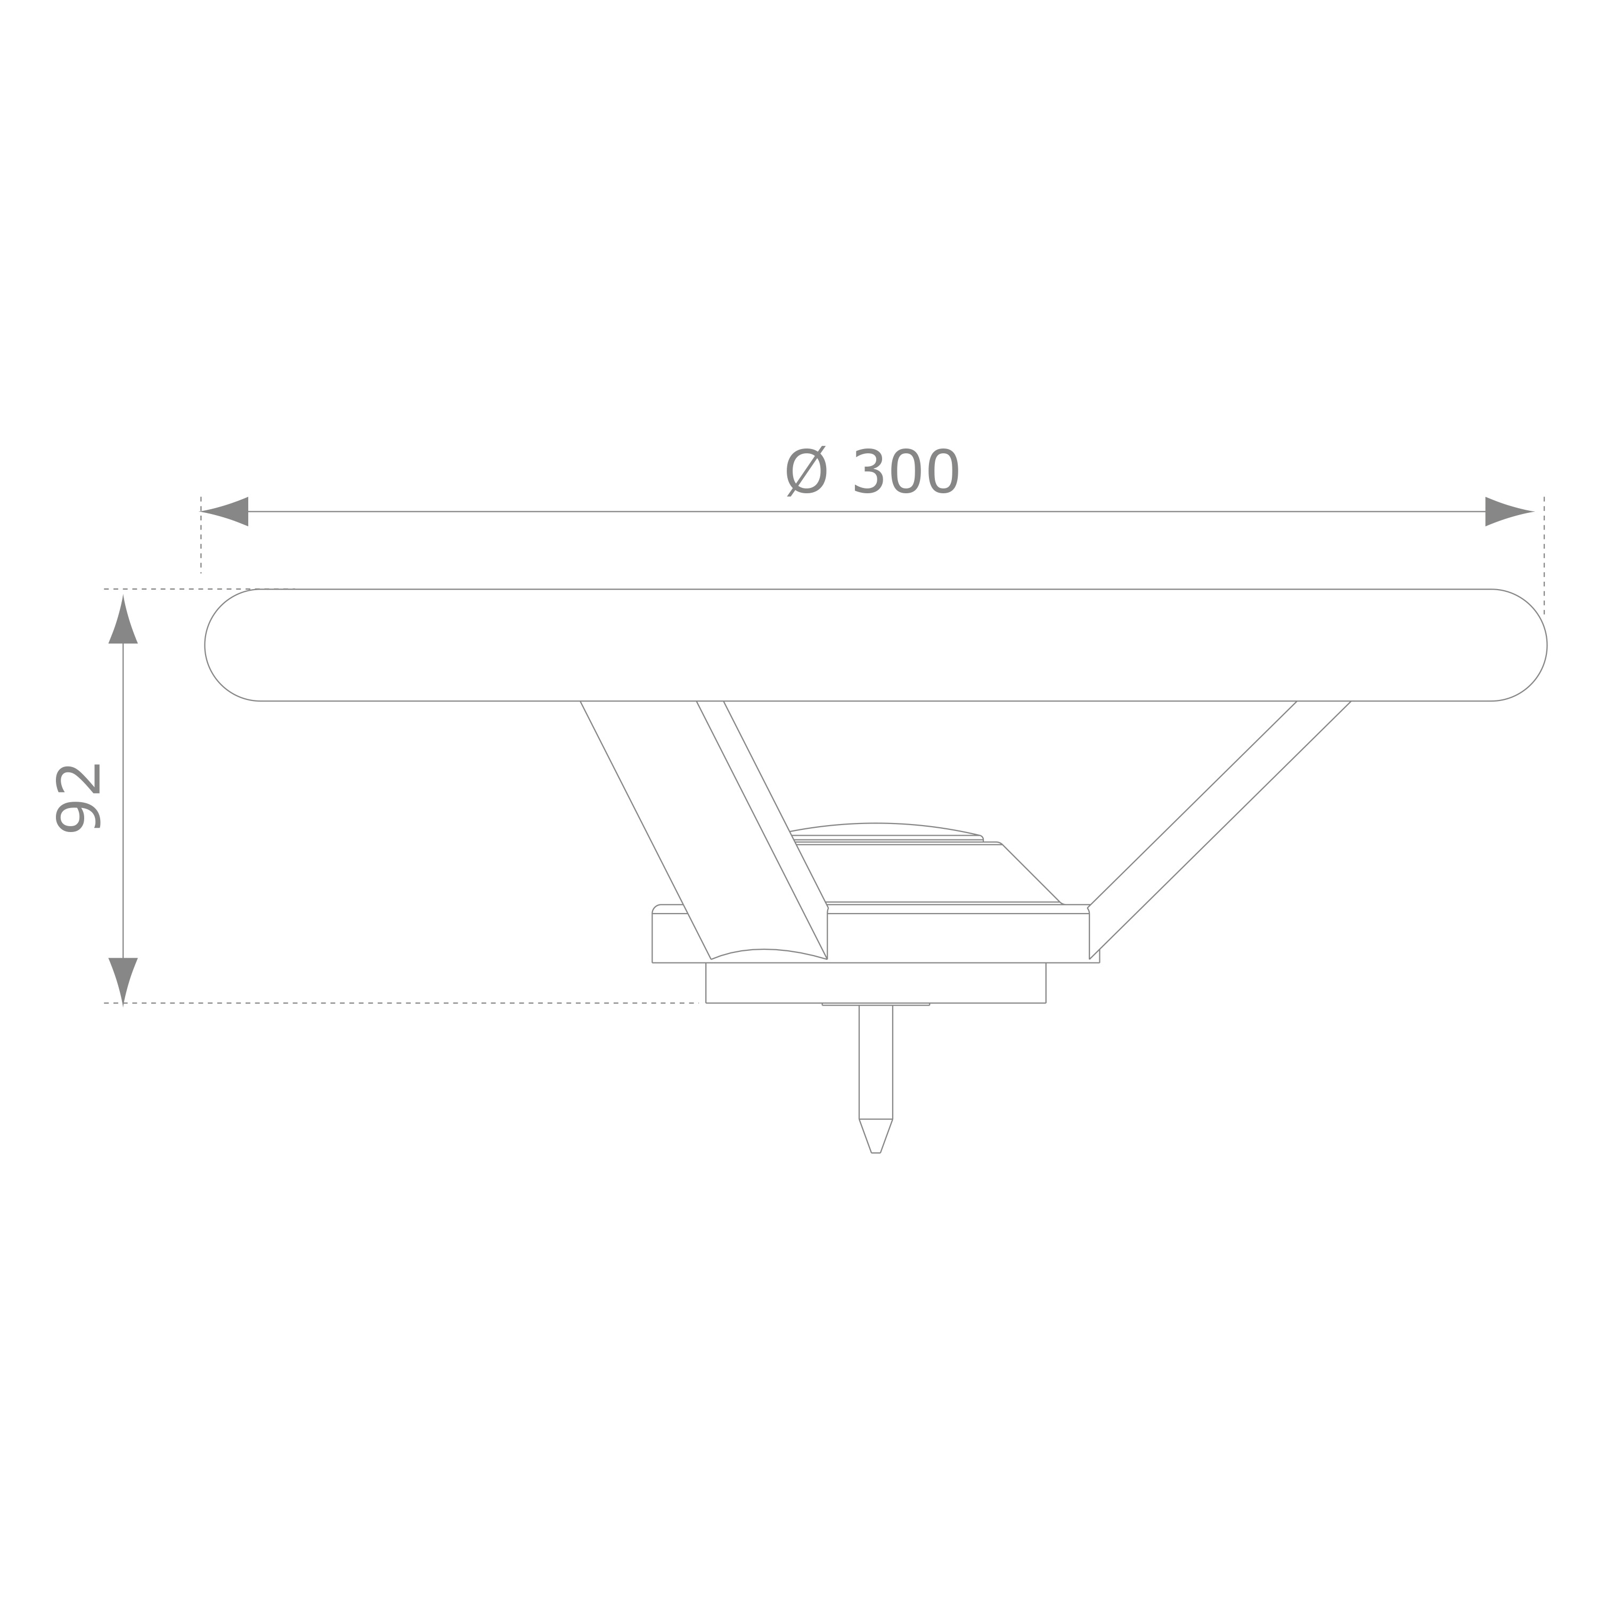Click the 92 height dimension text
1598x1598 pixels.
(x=78, y=797)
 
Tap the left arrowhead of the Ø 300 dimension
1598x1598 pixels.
(x=224, y=511)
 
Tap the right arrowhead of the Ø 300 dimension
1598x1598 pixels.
(x=1510, y=511)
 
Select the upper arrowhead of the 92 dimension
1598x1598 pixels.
(x=123, y=621)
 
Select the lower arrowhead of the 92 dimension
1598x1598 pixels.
(x=123, y=982)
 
